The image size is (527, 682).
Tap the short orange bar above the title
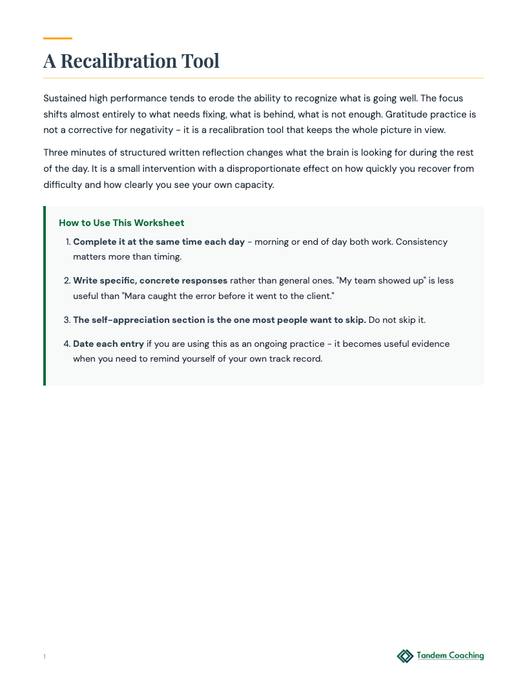tap(57, 39)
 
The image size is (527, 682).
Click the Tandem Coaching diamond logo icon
tap(405, 656)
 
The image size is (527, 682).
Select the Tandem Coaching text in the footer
tap(450, 656)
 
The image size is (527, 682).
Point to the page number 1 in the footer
tap(45, 657)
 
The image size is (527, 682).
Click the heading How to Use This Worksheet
tap(121, 223)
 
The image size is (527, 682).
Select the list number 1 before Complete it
tap(68, 242)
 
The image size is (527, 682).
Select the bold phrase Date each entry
tap(108, 344)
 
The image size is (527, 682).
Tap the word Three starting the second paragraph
tap(57, 153)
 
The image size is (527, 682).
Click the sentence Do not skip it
tap(397, 320)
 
